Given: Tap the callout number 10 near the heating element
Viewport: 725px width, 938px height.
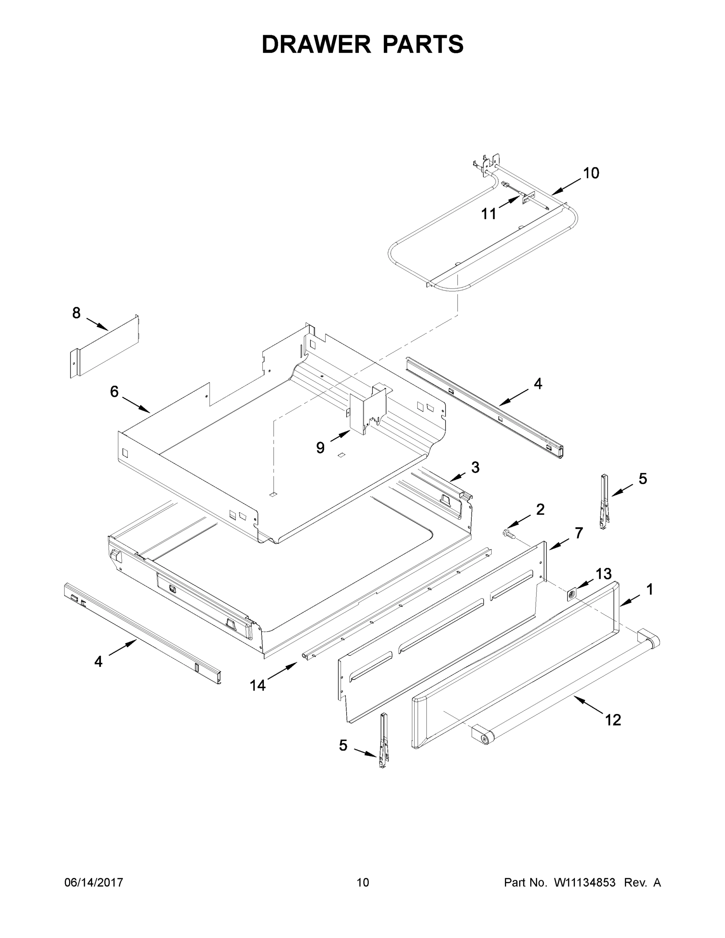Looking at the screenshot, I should pos(591,173).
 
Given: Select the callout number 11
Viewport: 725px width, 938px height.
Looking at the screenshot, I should pos(488,213).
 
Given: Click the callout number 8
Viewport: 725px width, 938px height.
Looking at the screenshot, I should pos(76,313).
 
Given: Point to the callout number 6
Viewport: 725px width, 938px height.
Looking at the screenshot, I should pos(114,391).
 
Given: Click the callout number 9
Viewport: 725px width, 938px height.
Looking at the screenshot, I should pos(320,448).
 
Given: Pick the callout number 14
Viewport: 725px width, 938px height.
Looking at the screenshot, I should pos(258,686).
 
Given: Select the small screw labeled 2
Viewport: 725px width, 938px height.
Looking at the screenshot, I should pos(508,534).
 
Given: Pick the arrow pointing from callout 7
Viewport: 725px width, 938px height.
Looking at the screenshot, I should pos(559,544).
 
